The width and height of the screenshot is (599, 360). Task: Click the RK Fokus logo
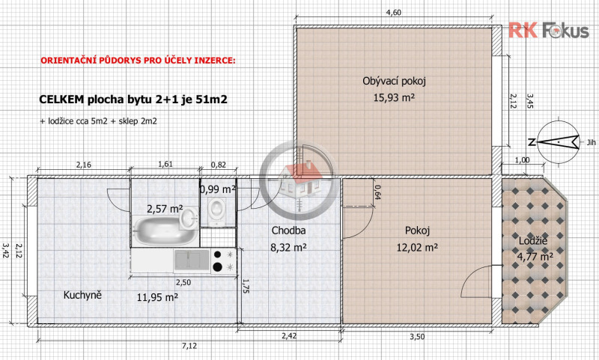point(549,31)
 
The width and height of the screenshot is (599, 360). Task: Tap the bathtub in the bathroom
point(164,231)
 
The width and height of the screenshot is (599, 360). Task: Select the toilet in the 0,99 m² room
point(217,209)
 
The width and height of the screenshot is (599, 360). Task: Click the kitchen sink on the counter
point(192,260)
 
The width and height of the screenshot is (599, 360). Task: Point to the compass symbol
point(559,142)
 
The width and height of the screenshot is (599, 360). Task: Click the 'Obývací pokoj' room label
point(394,81)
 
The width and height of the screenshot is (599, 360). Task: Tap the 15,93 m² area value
point(394,98)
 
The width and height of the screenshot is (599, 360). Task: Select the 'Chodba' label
point(288,231)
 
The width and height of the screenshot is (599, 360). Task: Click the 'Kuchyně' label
point(82,295)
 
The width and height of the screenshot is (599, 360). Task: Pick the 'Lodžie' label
point(533,241)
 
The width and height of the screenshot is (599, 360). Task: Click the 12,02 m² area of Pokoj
point(417,248)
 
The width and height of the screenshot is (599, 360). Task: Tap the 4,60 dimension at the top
point(394,13)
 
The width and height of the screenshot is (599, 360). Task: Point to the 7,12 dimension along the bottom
point(189,346)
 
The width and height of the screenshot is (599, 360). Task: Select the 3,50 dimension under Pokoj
point(417,336)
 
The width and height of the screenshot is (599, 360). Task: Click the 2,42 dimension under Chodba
point(289,336)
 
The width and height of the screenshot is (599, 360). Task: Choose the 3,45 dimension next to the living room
point(529,101)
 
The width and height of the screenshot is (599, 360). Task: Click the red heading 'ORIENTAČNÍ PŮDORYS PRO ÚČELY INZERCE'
point(138,61)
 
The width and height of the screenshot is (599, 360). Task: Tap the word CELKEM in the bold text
point(61,100)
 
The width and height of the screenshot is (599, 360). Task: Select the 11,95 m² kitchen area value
point(157,297)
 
